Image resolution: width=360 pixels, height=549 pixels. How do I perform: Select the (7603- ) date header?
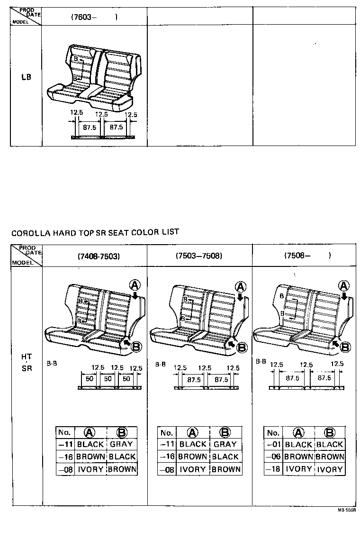(94, 17)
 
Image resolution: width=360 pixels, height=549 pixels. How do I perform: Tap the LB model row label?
(26, 76)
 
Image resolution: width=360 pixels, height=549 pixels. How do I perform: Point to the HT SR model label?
(27, 362)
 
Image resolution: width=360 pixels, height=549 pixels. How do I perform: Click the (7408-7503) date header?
(99, 256)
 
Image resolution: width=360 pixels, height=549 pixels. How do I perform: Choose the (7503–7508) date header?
(198, 256)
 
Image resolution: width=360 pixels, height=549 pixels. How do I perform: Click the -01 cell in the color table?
(273, 445)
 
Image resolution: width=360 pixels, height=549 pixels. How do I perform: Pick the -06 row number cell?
(273, 457)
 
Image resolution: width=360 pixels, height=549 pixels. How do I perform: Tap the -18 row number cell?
(273, 469)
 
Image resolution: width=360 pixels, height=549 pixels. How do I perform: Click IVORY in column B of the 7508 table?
(329, 469)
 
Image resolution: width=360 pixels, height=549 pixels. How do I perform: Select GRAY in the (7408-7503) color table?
(121, 444)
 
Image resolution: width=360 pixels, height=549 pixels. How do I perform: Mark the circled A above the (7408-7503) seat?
(135, 284)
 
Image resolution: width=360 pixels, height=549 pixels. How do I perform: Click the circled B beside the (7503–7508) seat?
(242, 347)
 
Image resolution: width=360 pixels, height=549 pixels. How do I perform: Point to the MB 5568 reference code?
(347, 510)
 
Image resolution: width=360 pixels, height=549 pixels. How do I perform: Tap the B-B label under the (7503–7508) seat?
(160, 364)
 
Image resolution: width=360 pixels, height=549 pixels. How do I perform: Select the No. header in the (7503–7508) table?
(166, 432)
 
